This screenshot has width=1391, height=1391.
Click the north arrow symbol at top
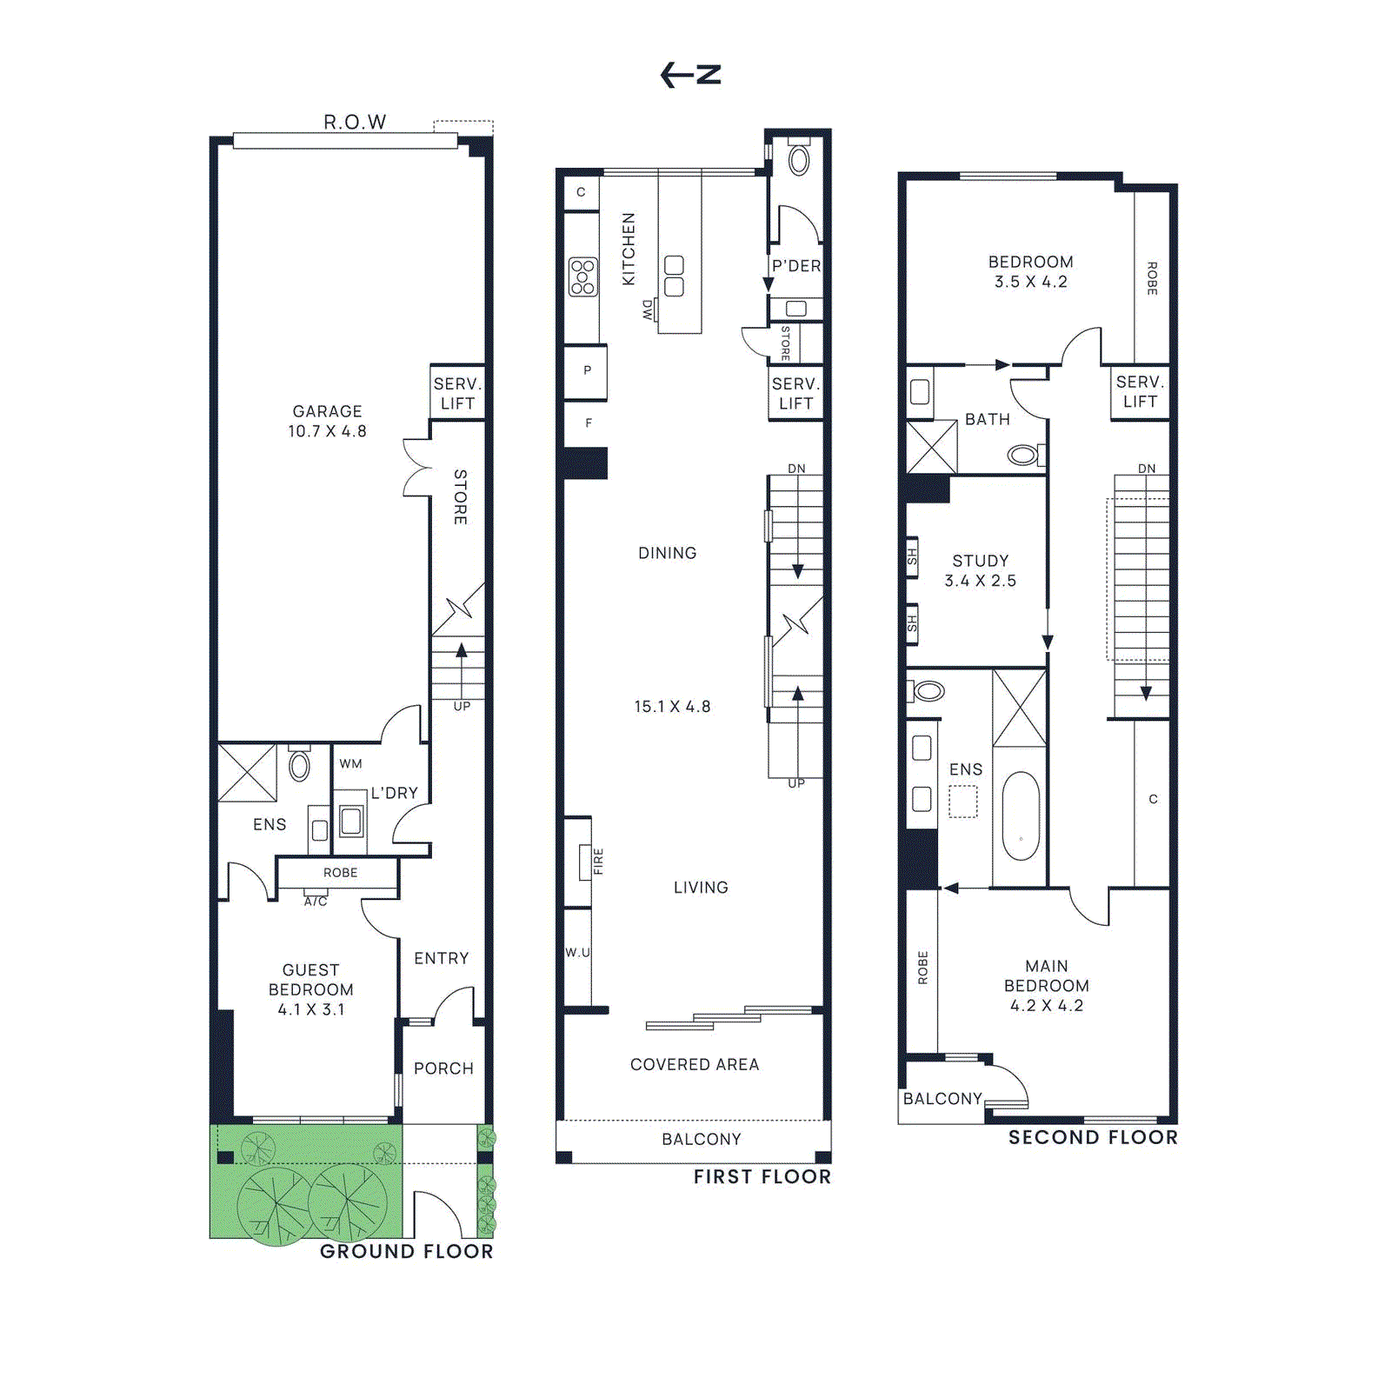tap(690, 75)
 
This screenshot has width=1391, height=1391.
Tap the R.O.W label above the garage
tap(355, 122)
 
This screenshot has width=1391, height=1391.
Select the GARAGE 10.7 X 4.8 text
tap(327, 421)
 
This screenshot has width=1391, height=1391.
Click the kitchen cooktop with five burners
tap(582, 276)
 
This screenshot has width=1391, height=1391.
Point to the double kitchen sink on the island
tap(674, 276)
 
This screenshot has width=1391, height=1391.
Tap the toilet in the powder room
tap(798, 160)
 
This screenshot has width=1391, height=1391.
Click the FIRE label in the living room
tap(598, 861)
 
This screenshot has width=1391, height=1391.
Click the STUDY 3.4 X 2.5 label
tap(981, 570)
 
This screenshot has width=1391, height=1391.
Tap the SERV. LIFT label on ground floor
tap(457, 393)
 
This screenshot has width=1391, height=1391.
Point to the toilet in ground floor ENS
tap(299, 764)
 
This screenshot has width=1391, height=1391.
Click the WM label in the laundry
tap(351, 763)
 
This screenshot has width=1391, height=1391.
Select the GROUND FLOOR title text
tap(406, 1251)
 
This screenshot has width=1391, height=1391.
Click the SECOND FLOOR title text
tap(1093, 1137)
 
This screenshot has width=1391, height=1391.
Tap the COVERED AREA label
tap(695, 1064)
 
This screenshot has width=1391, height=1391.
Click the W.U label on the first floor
tap(577, 952)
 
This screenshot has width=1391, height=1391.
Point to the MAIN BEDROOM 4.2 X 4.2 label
tap(1047, 985)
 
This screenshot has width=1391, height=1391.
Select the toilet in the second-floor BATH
tap(1024, 454)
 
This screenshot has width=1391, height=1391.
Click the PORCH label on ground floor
tap(443, 1068)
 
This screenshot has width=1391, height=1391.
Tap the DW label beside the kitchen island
tap(647, 309)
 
